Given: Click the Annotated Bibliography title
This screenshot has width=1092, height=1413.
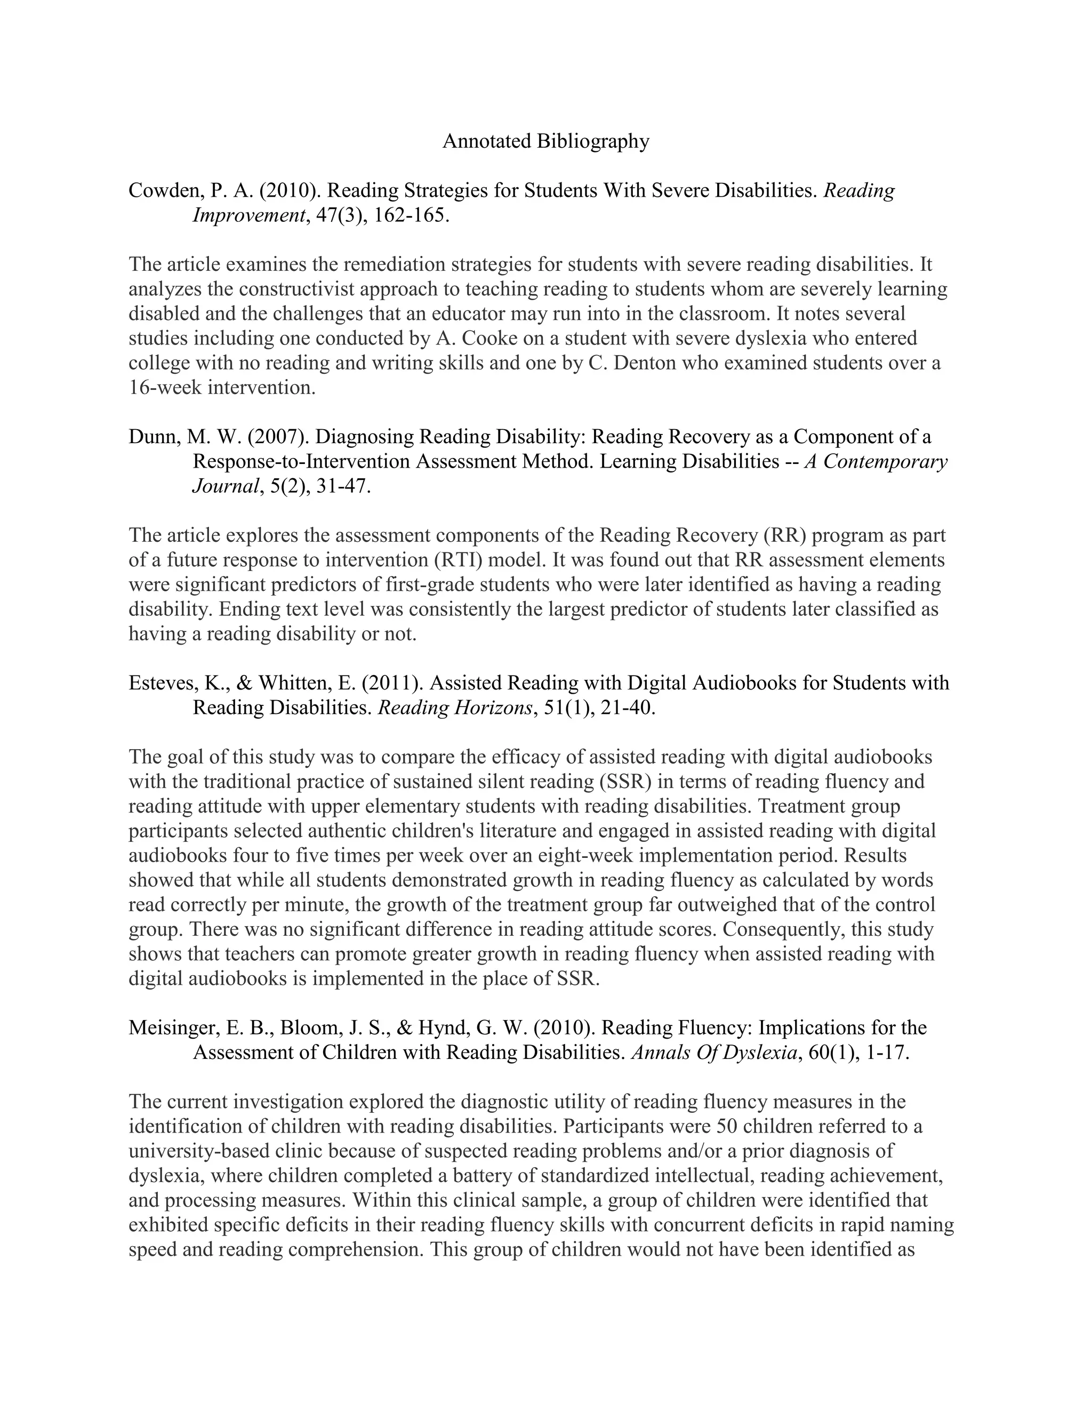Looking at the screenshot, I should point(545,141).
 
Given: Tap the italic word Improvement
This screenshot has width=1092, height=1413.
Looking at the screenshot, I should point(248,215).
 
